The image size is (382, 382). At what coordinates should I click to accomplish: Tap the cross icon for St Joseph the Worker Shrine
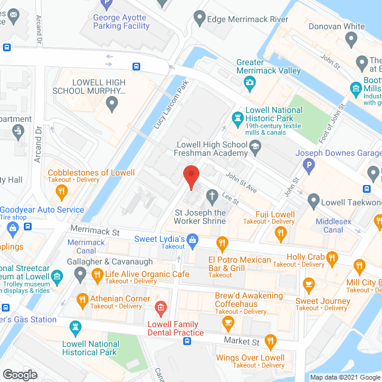[211, 196]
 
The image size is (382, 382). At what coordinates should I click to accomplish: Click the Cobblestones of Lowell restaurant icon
[61, 191]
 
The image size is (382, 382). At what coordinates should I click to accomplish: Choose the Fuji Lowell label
[275, 214]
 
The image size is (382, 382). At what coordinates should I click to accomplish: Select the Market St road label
[241, 341]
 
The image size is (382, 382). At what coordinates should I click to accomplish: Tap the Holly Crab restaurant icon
[333, 258]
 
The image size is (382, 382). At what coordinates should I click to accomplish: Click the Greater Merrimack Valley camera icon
[249, 81]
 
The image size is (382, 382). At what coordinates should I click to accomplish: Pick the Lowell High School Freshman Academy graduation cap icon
[255, 146]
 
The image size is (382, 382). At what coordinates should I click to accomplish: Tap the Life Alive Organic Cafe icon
[97, 275]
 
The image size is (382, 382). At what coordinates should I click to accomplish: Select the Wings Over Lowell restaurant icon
[271, 341]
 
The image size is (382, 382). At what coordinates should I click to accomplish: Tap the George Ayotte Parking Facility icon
[106, 4]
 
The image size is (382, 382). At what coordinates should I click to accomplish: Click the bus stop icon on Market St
[187, 341]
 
